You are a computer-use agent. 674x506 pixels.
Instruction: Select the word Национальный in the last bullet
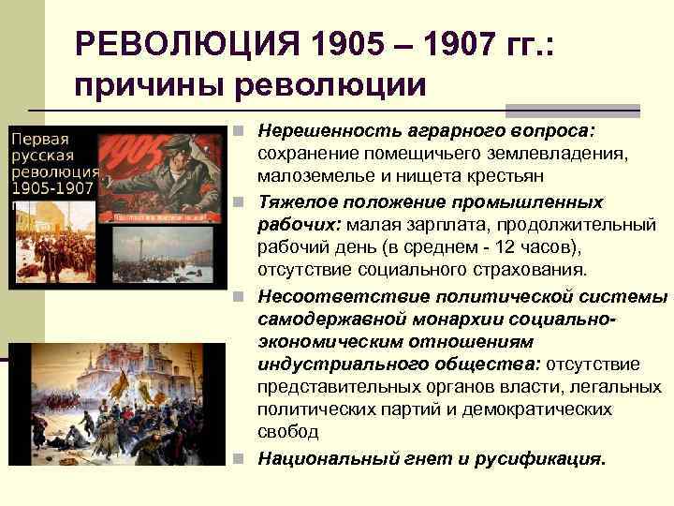[318, 458]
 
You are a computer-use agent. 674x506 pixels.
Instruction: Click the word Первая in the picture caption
[38, 137]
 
